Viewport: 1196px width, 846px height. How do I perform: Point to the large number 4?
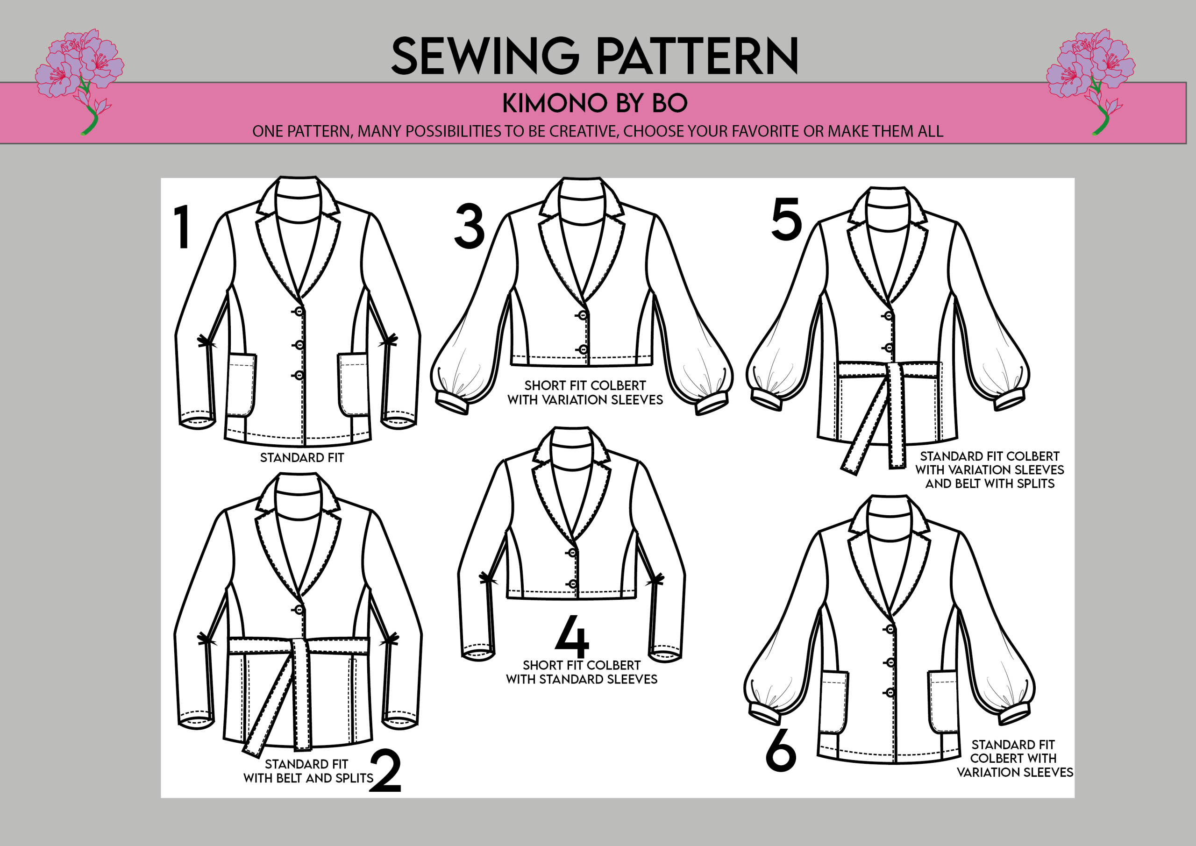click(572, 636)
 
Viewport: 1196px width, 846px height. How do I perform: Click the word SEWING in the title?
click(485, 56)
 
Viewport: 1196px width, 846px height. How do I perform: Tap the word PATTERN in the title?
click(697, 56)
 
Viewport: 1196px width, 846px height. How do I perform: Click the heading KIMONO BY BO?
click(595, 103)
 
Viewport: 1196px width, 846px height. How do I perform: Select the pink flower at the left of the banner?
click(81, 78)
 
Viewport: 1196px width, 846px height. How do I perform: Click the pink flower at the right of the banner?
click(1091, 78)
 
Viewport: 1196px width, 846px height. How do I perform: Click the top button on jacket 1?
click(299, 312)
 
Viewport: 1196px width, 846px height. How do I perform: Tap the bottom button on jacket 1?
click(299, 375)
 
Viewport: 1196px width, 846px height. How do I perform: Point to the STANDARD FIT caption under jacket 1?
click(302, 457)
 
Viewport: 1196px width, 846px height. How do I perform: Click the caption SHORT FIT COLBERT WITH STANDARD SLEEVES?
click(582, 672)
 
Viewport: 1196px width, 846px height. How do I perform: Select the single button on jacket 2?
click(299, 610)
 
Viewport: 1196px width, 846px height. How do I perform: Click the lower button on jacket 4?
click(572, 584)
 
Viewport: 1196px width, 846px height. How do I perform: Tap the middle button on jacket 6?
click(890, 662)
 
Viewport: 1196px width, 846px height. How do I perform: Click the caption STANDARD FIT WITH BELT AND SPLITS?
click(308, 771)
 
